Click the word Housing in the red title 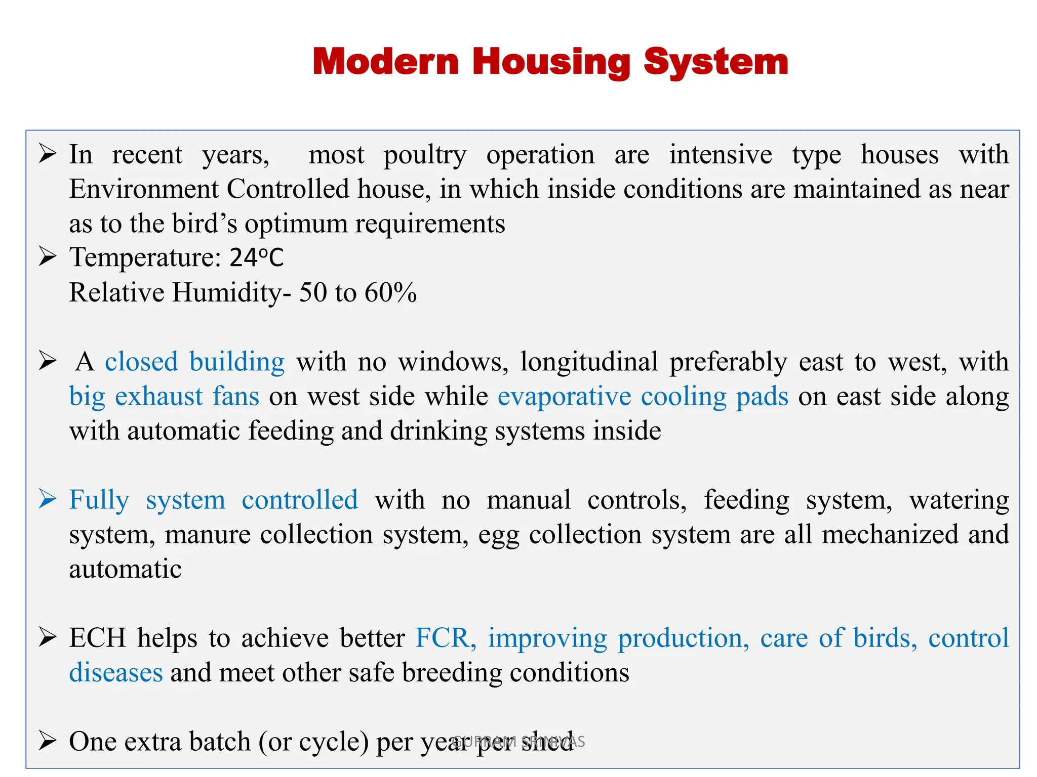coord(551,62)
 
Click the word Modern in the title coord(385,62)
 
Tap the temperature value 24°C coord(256,257)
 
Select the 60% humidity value coord(390,292)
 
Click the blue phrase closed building coord(194,362)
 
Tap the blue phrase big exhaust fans coord(164,396)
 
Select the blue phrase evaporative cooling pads coord(643,396)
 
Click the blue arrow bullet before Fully coord(47,499)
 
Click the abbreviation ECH coord(97,638)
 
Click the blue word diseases coord(116,673)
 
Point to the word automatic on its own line coord(125,569)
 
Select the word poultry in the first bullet coord(424,155)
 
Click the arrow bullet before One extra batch coord(47,741)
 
